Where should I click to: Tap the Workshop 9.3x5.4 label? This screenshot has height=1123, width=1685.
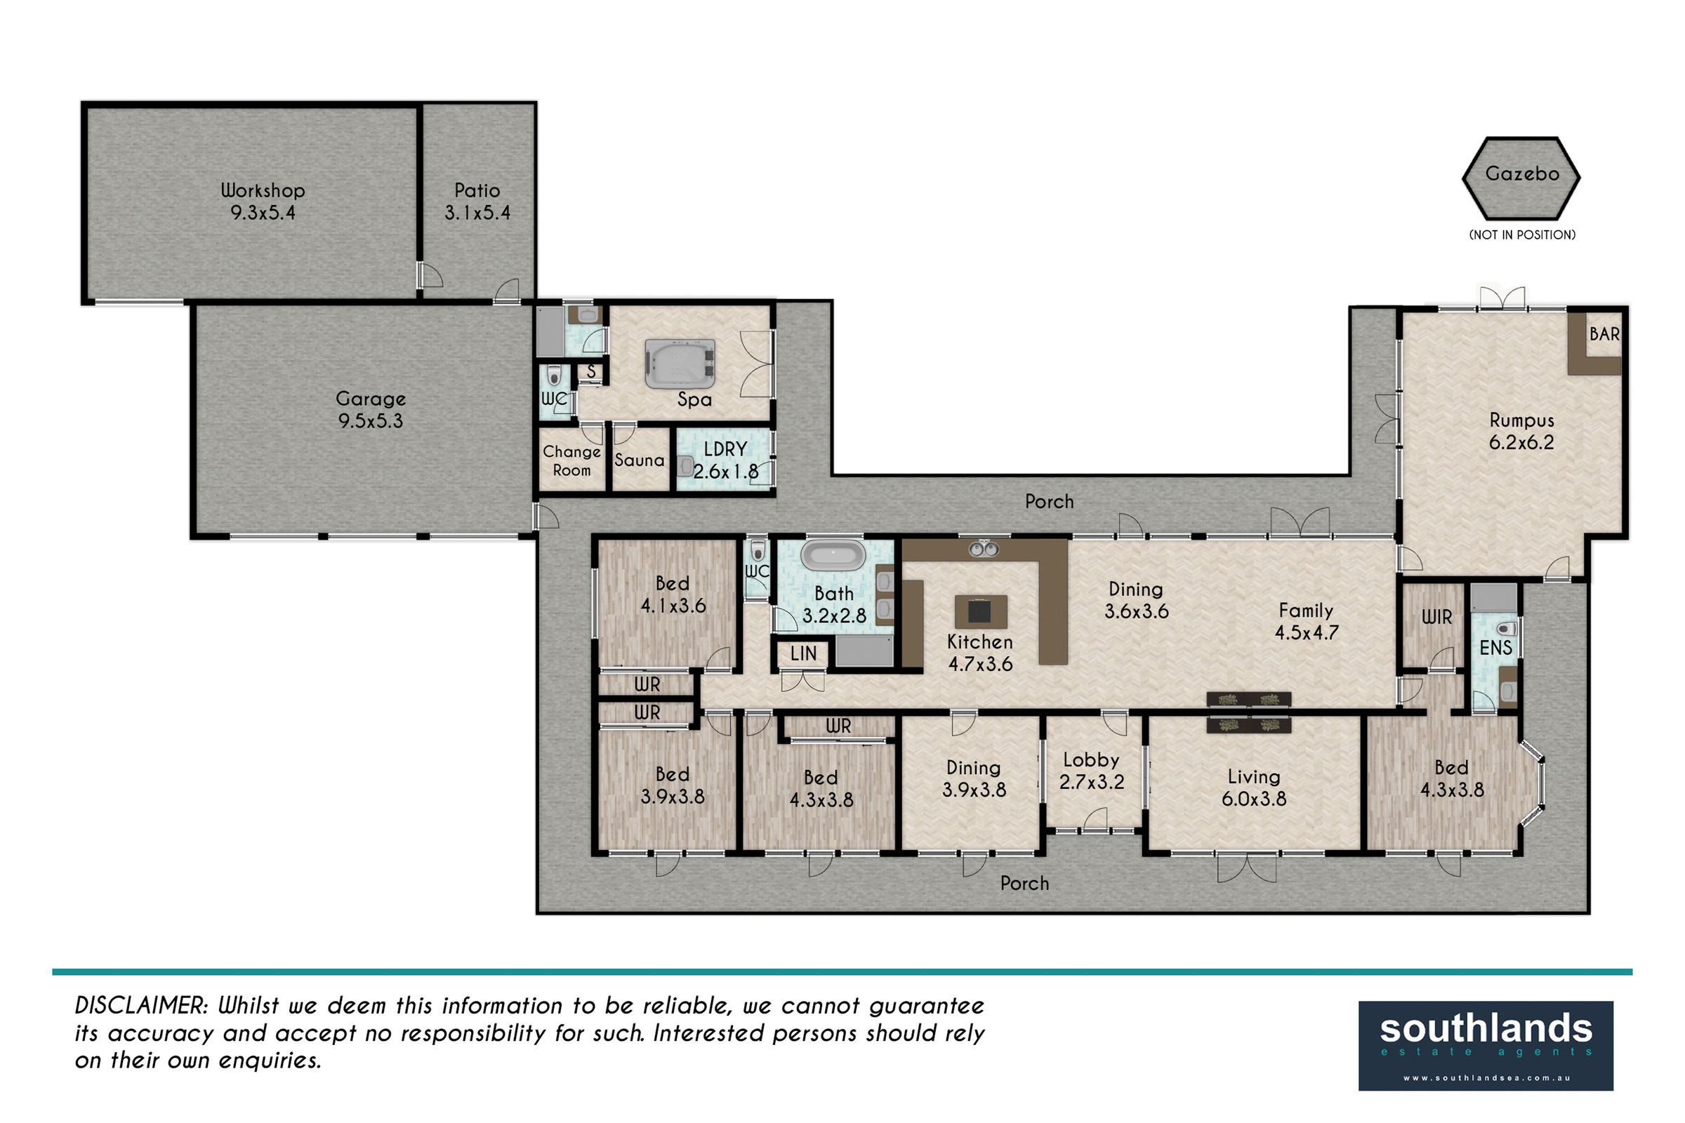pos(263,201)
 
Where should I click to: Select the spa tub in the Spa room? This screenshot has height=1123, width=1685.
pos(680,364)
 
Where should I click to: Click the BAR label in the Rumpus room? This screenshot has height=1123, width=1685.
pos(1604,334)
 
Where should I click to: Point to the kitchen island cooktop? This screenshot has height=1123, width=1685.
pos(980,611)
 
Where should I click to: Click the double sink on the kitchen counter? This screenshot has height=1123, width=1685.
pos(984,550)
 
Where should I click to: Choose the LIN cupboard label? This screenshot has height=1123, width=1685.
pos(803,653)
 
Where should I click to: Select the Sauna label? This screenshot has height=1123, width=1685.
pos(639,460)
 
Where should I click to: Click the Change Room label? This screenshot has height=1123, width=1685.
pos(571,460)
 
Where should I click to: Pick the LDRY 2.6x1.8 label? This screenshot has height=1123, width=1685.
pos(726,460)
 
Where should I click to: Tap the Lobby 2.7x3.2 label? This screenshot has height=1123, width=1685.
pos(1091,771)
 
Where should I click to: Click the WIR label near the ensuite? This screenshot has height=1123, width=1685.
pos(1436,617)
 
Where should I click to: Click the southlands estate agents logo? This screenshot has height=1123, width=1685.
pos(1486,1046)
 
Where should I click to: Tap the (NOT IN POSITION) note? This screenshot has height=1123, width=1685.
pos(1521,234)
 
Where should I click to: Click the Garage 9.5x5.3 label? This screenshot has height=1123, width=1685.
pos(371,410)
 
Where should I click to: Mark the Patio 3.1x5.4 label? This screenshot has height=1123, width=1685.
pos(477,201)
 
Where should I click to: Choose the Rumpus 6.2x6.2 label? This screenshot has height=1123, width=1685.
pos(1521,431)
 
